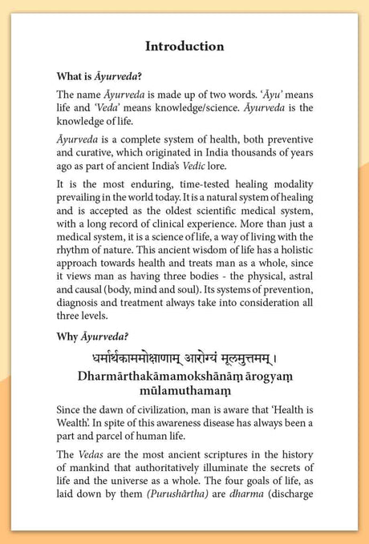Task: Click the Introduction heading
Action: [x=184, y=46]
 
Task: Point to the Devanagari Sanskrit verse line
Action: [x=184, y=361]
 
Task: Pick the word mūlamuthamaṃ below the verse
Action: [x=184, y=400]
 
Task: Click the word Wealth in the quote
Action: [x=74, y=438]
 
